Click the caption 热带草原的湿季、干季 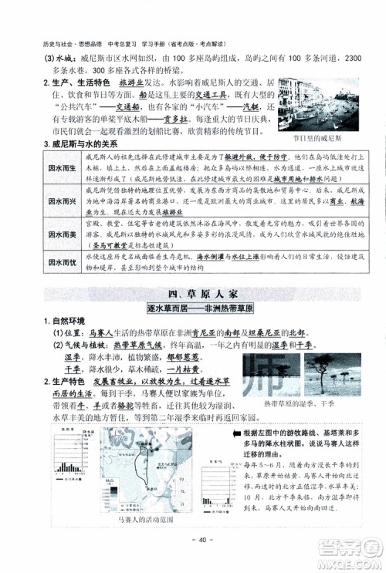click(x=298, y=403)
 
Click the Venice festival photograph click(x=310, y=105)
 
